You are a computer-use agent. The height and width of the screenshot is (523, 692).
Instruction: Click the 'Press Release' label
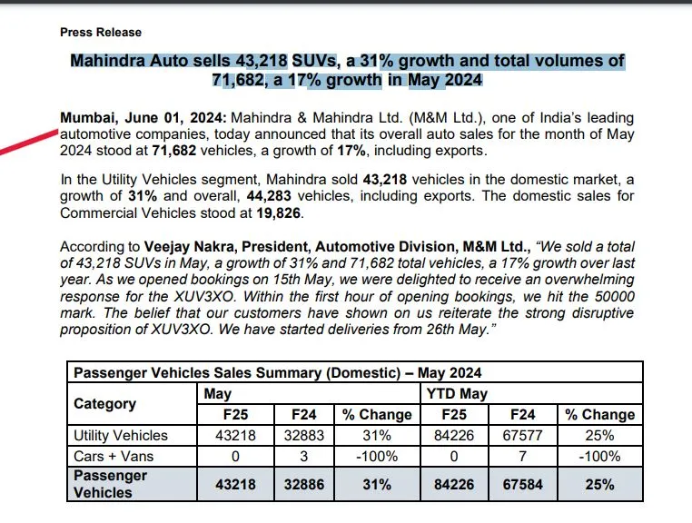[x=101, y=32]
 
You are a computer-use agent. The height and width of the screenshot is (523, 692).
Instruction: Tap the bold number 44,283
[x=269, y=195]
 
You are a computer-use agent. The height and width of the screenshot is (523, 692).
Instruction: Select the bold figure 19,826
[x=279, y=212]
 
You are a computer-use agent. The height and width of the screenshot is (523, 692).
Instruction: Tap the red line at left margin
[x=29, y=142]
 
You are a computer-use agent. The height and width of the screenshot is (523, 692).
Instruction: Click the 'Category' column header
[x=105, y=404]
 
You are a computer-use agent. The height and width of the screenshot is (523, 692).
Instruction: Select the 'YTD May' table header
[x=457, y=394]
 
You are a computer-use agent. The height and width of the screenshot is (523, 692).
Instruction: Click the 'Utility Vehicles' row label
[x=121, y=436]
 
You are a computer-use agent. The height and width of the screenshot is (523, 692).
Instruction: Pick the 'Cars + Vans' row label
[x=114, y=457]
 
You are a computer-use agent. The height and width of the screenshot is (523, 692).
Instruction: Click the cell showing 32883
[x=304, y=436]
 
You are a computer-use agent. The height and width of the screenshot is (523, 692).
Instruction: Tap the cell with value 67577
[x=522, y=436]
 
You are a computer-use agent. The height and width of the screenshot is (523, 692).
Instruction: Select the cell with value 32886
[x=304, y=484]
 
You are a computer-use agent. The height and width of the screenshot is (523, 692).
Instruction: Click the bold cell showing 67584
[x=522, y=484]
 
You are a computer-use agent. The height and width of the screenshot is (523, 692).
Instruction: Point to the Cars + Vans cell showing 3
[x=303, y=457]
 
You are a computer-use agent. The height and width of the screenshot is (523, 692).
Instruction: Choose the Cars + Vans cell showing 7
[x=522, y=457]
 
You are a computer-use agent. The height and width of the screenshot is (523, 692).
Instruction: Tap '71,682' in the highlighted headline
[x=238, y=80]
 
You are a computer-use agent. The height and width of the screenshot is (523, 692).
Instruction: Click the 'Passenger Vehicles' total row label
[x=110, y=484]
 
